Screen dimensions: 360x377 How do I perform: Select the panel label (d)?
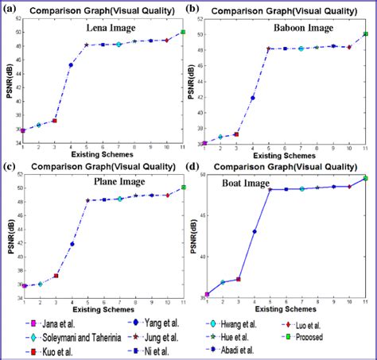click(x=193, y=166)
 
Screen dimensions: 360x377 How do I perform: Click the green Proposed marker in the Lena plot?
click(x=183, y=32)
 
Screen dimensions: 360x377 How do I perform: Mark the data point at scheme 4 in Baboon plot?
click(x=253, y=98)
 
